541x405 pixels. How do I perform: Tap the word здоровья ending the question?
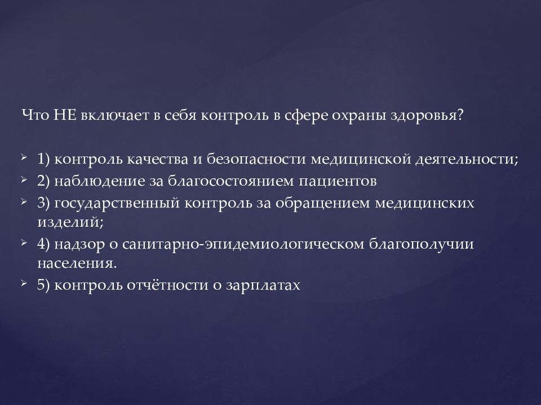click(434, 115)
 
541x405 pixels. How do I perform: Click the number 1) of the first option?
click(45, 159)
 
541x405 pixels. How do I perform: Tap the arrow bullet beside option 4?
click(23, 242)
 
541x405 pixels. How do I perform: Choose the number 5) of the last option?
click(45, 285)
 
